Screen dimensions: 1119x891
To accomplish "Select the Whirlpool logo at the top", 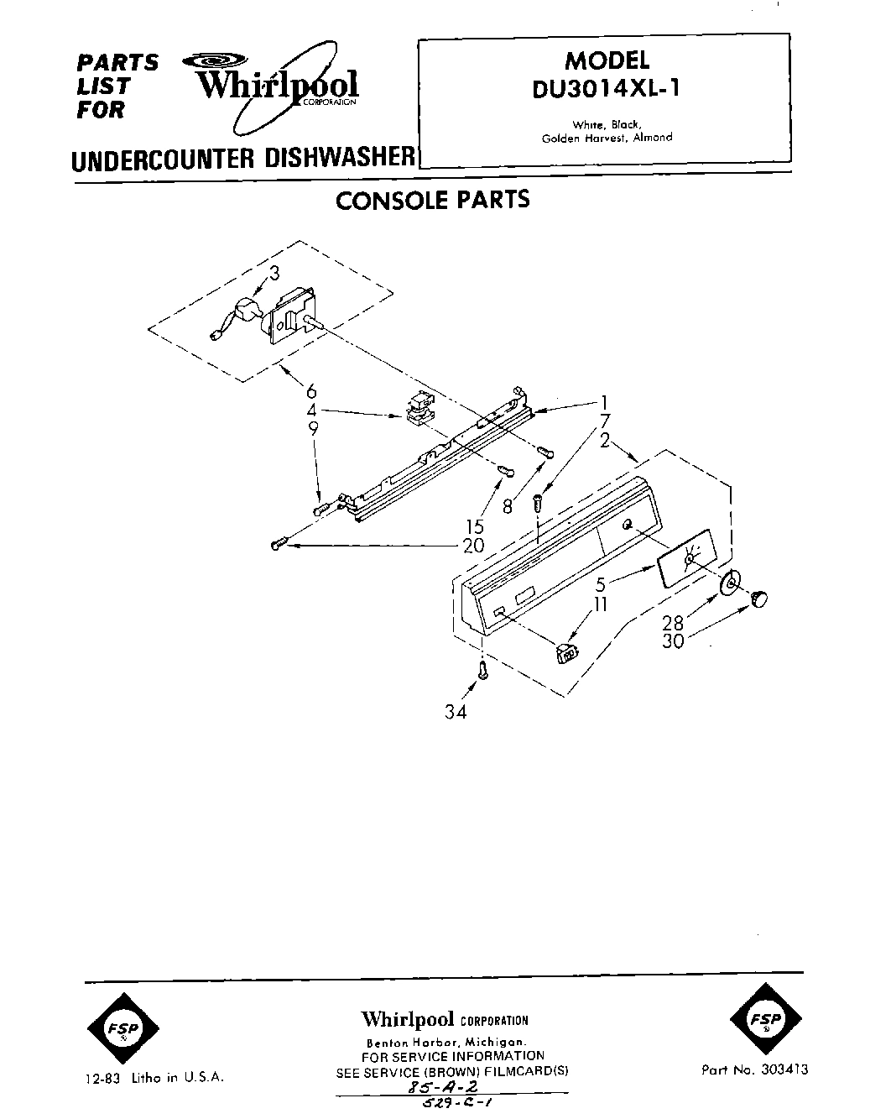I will pyautogui.click(x=277, y=85).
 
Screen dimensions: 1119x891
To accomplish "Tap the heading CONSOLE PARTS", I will pyautogui.click(x=432, y=200).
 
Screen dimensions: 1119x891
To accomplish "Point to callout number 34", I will pyautogui.click(x=456, y=713).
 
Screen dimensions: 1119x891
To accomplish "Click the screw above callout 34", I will pyautogui.click(x=483, y=670).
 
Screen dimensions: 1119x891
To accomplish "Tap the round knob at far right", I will pyautogui.click(x=759, y=598).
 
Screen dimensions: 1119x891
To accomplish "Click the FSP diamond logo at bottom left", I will pyautogui.click(x=122, y=1027).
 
